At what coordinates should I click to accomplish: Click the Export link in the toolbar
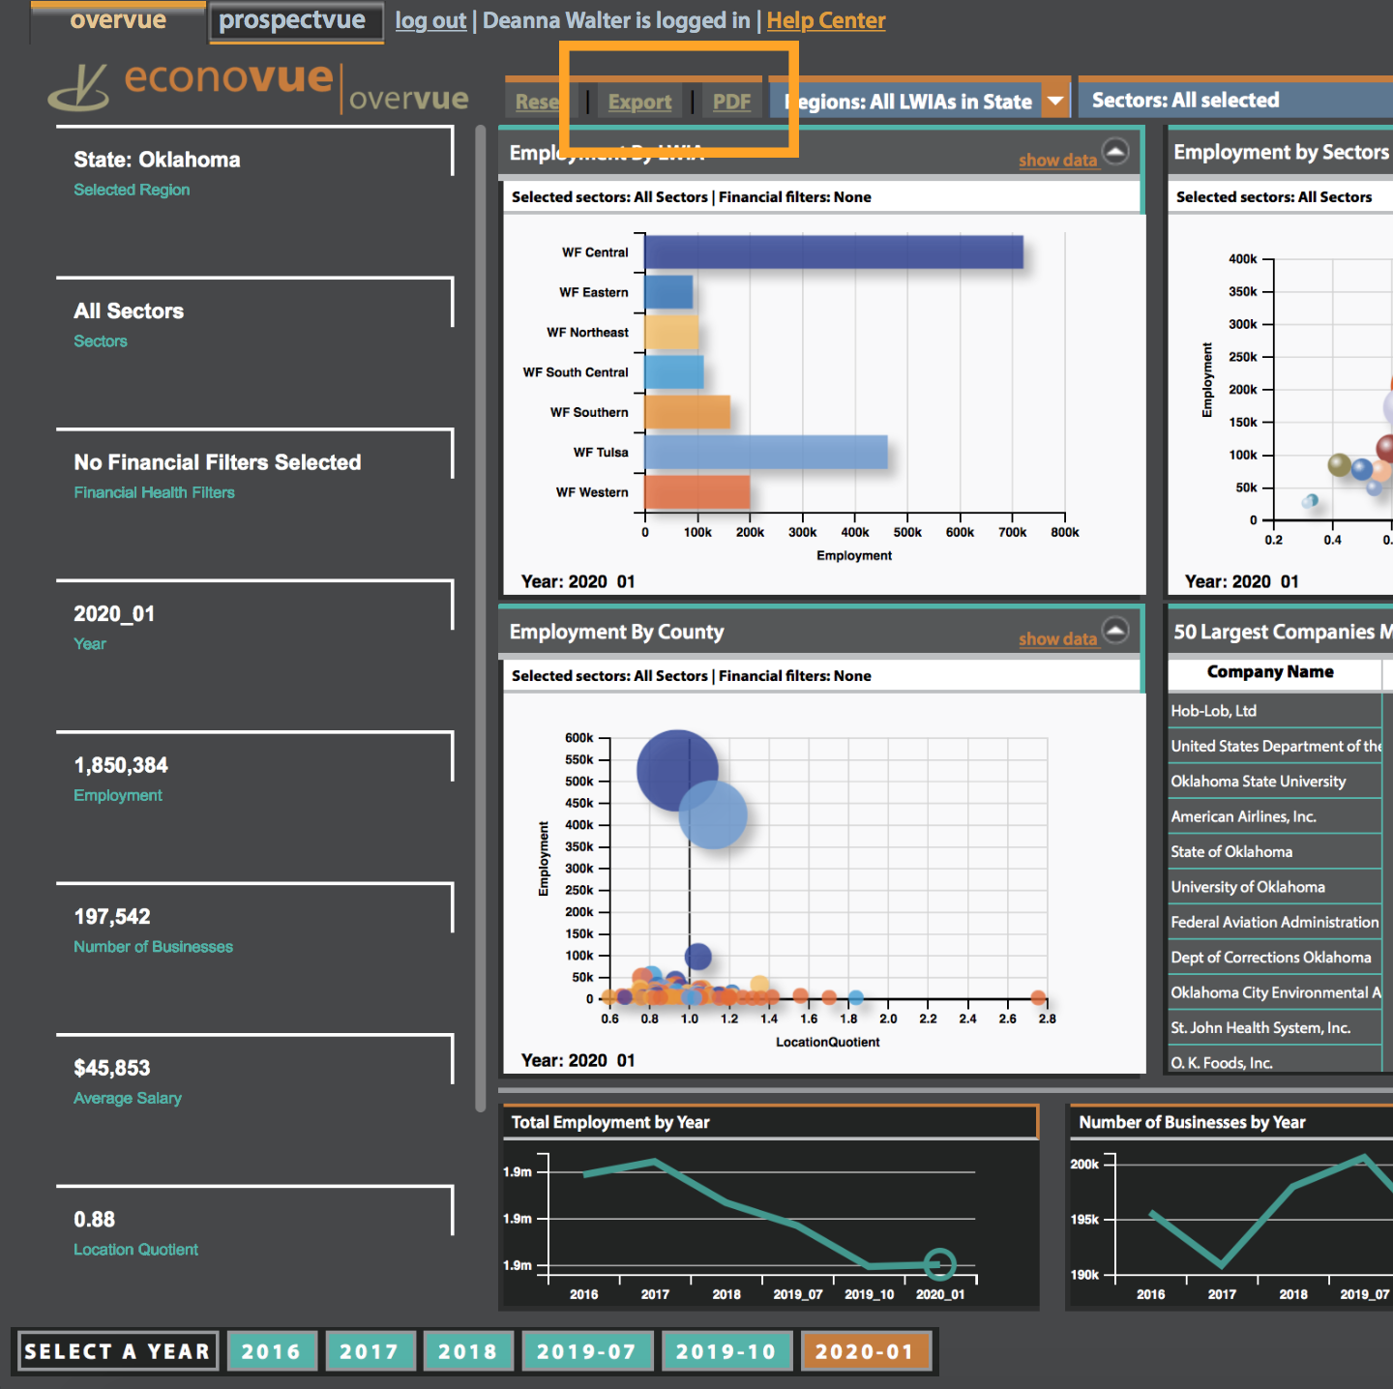639,102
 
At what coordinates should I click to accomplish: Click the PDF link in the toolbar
731,102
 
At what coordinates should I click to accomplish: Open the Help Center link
825,20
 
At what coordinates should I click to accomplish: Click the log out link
430,20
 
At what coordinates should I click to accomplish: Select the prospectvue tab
292,20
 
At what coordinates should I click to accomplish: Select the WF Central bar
833,252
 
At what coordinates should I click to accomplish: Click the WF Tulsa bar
765,452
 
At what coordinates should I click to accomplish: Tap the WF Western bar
696,491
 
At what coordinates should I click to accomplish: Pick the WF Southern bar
687,412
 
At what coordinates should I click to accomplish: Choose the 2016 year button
271,1351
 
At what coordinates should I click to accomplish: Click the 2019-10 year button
726,1351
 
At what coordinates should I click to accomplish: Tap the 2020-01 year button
864,1351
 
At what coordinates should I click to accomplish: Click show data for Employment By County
1057,638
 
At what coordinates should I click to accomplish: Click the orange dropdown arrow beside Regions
1055,100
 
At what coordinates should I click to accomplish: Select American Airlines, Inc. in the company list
1243,816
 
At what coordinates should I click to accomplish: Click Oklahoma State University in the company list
1258,782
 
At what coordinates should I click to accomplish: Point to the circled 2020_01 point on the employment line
939,1263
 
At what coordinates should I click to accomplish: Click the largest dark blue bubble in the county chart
677,770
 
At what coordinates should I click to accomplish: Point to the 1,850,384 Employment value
121,765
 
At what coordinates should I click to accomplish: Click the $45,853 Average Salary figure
112,1068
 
